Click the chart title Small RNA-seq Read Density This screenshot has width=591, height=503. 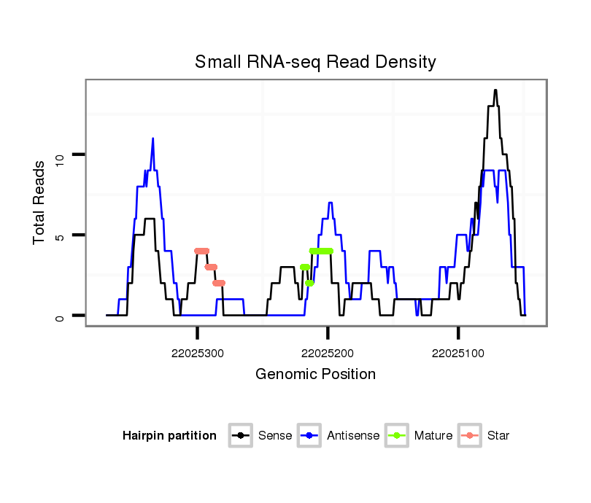pyautogui.click(x=315, y=62)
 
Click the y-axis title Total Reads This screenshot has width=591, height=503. pyautogui.click(x=40, y=202)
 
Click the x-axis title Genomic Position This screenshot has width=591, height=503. pyautogui.click(x=315, y=374)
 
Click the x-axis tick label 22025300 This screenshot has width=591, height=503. pyautogui.click(x=198, y=353)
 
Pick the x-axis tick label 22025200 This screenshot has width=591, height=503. pyautogui.click(x=328, y=353)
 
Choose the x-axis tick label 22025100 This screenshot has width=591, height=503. pyautogui.click(x=458, y=353)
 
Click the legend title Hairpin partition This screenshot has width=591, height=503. pyautogui.click(x=169, y=436)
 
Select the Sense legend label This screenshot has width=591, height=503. pyautogui.click(x=275, y=436)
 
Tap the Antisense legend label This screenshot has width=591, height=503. pyautogui.click(x=353, y=436)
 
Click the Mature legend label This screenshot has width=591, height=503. pyautogui.click(x=433, y=436)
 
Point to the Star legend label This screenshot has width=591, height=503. pyautogui.click(x=498, y=436)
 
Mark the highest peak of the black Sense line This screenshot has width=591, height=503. pyautogui.click(x=495, y=90)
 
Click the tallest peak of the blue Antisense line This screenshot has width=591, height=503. pyautogui.click(x=152, y=139)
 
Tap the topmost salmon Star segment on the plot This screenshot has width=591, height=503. pyautogui.click(x=202, y=251)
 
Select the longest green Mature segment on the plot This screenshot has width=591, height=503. pyautogui.click(x=321, y=251)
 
